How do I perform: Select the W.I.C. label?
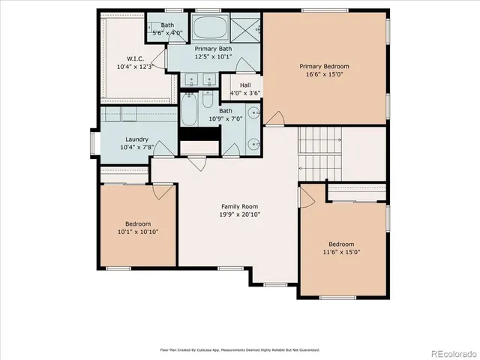[135, 58]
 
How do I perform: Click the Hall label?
[245, 85]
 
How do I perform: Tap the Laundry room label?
[136, 139]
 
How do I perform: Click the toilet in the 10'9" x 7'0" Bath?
[207, 100]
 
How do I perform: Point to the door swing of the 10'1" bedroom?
[162, 190]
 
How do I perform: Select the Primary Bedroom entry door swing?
[275, 118]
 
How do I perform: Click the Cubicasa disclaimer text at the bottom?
[240, 349]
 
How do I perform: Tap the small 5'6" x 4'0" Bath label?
[167, 29]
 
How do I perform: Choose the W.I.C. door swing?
[158, 61]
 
